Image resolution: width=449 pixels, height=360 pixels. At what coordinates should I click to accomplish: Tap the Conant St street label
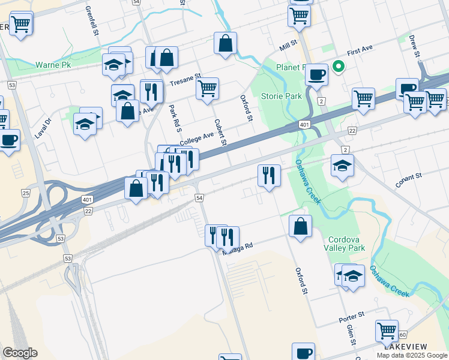coord(409,178)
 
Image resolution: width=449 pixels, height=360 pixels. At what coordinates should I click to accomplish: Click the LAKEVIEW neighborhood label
coord(406,347)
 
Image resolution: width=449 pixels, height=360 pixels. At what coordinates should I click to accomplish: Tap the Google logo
coord(20,353)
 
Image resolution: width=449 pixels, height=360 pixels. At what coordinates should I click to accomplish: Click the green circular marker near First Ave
coord(339,67)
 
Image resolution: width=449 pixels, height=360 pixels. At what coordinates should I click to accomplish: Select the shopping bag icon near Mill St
coord(225,43)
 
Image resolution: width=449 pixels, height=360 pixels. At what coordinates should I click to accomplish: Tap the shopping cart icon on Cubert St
coord(207,88)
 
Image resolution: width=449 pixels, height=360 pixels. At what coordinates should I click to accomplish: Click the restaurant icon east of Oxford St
coord(268,175)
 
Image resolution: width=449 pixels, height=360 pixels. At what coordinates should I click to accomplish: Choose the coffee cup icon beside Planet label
coord(316,75)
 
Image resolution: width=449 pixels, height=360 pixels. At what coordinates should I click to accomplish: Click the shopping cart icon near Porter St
coord(387,331)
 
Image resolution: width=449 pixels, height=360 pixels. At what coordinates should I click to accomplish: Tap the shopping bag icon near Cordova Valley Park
coord(300,226)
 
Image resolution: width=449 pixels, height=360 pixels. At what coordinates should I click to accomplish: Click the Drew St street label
coord(415,46)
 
